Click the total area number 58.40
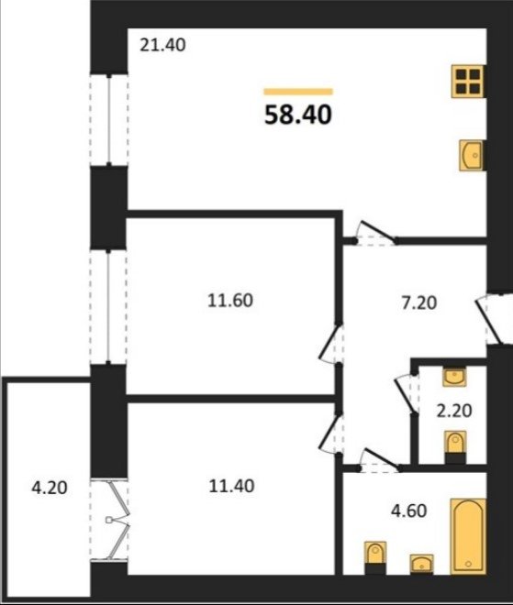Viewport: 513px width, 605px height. tap(298, 115)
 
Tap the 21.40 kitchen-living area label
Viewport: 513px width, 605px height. tap(162, 45)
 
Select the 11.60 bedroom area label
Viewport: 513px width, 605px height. tap(230, 301)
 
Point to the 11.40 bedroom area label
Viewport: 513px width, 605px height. tap(231, 486)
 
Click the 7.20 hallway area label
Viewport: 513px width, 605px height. tap(419, 302)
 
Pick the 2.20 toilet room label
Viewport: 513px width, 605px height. tap(454, 411)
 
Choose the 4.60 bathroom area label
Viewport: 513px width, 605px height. tap(409, 511)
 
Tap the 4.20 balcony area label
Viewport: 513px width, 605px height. tap(49, 488)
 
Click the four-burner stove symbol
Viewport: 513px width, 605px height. tap(468, 82)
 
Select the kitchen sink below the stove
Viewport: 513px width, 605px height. tap(471, 155)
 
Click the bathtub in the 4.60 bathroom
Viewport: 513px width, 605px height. tap(468, 536)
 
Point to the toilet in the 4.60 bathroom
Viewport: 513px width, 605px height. tap(375, 558)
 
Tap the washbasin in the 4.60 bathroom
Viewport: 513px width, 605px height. tap(421, 565)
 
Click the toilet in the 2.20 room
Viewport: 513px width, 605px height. tap(455, 447)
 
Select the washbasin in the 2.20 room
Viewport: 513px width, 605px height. tap(454, 378)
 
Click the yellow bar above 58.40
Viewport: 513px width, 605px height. tap(298, 92)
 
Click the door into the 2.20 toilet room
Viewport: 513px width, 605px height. tap(407, 394)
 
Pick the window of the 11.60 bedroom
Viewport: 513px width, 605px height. tap(108, 307)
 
